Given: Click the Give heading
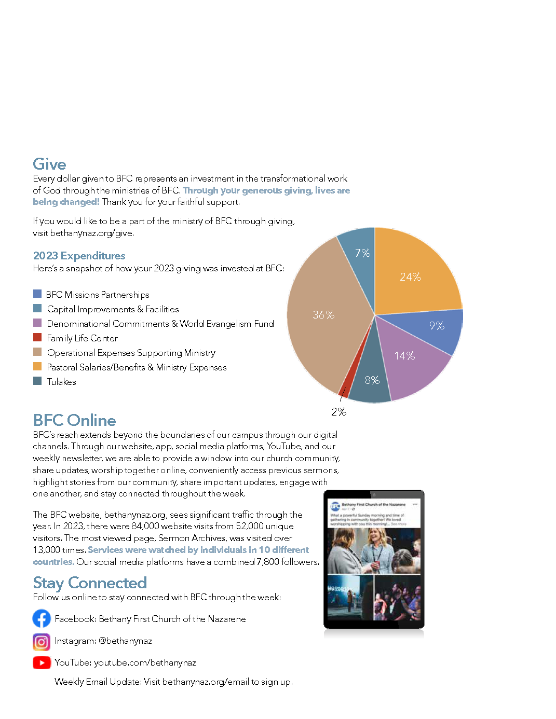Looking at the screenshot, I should pos(49,164).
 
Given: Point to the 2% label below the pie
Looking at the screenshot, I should pos(338,412).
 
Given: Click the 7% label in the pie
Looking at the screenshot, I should pos(362,253).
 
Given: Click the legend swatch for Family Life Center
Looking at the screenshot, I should pos(37,337).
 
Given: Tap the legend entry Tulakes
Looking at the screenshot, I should pos(61,382).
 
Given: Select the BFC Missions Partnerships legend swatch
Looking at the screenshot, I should pos(37,294).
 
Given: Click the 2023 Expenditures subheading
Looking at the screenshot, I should pos(79,256).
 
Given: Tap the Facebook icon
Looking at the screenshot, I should pos(42,618).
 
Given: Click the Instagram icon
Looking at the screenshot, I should pos(42,642).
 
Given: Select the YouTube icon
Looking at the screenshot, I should pos(42,662).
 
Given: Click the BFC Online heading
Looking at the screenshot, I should pos(74,420).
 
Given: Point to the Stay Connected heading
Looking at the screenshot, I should pos(90,583).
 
